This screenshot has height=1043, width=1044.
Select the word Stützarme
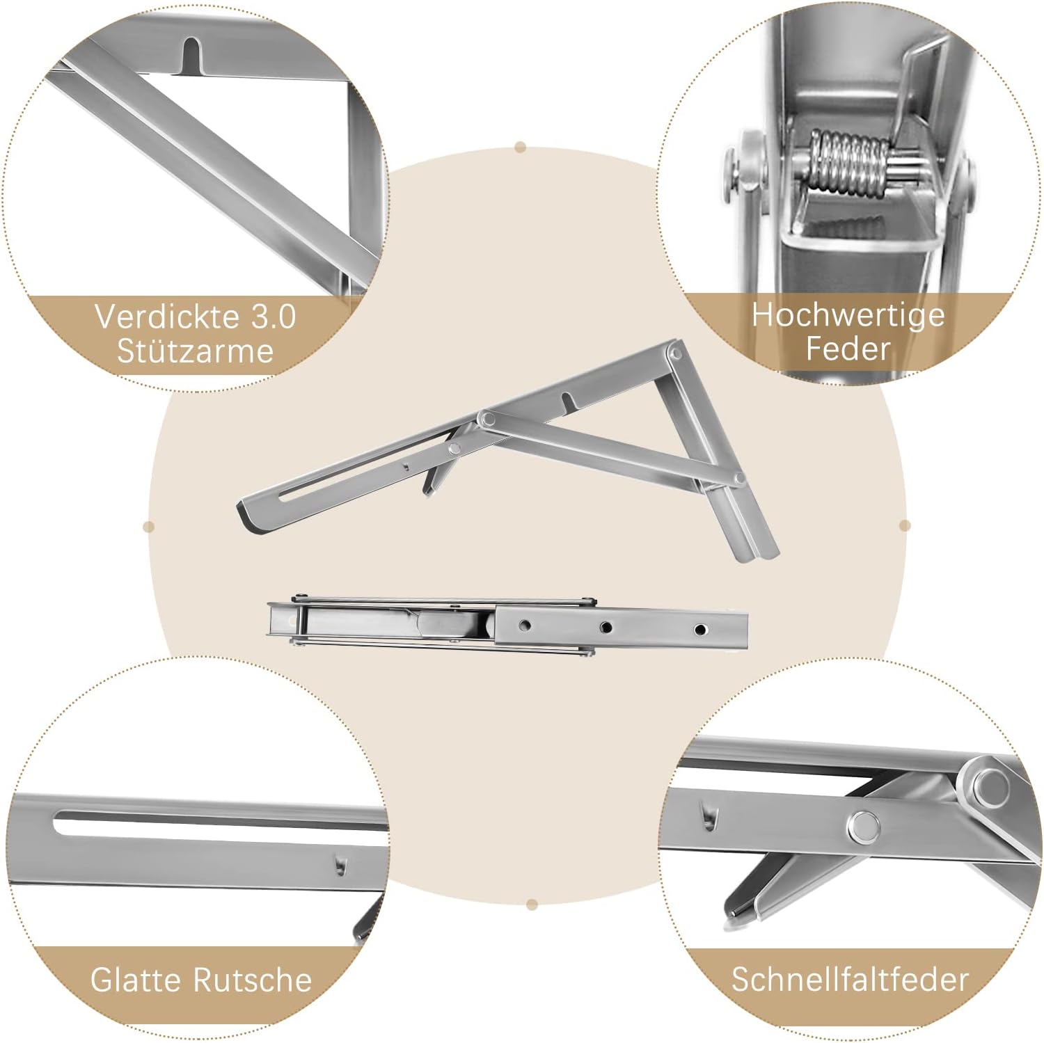196,351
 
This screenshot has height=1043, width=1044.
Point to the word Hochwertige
848,315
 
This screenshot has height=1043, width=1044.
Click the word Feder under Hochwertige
848,349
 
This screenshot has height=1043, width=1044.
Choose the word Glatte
136,980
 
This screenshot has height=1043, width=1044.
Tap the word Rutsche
252,980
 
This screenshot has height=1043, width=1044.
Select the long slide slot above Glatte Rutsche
219,822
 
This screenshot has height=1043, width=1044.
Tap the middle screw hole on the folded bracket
606,628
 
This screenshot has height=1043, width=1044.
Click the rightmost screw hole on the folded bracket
700,630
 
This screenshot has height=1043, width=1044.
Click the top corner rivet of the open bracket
673,354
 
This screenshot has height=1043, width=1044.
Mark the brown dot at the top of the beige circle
521,148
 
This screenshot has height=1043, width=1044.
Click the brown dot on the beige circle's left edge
148,526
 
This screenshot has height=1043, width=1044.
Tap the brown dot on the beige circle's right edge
905,525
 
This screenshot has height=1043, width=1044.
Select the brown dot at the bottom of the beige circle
532,905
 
